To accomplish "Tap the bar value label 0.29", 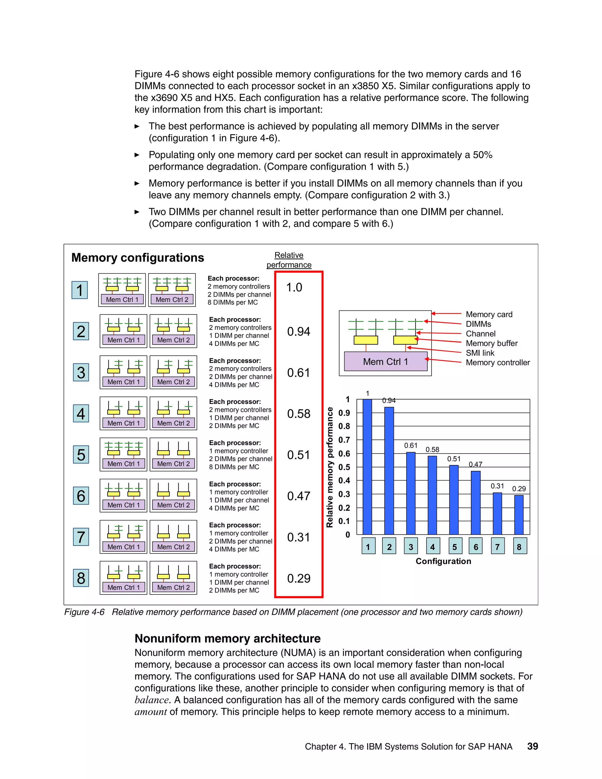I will click(519, 489).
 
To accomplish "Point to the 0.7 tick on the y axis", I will click(344, 440).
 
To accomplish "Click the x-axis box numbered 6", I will click(476, 546).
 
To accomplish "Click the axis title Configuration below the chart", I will click(443, 561).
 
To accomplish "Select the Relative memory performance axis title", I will click(330, 467).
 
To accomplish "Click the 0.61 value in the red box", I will click(299, 373).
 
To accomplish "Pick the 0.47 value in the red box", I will click(299, 496).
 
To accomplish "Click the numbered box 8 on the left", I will click(81, 578).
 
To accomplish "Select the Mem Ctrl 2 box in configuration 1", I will click(172, 299).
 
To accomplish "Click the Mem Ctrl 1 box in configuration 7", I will click(123, 546).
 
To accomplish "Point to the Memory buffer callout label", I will click(491, 343).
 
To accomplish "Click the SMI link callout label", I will click(480, 353).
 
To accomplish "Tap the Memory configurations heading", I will click(138, 258).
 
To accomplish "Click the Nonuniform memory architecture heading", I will click(228, 638).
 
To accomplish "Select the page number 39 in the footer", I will click(532, 746).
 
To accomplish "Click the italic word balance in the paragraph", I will click(152, 700).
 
